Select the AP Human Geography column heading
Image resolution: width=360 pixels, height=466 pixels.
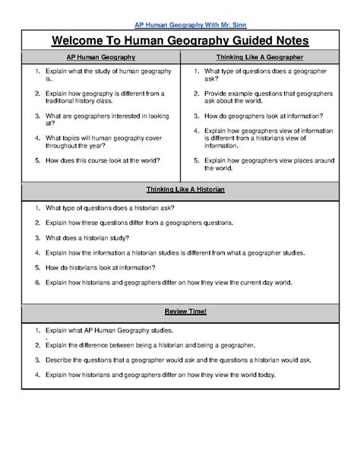pyautogui.click(x=102, y=56)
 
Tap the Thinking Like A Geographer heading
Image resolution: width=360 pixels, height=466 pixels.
pyautogui.click(x=259, y=56)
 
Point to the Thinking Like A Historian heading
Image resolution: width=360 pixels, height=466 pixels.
pyautogui.click(x=180, y=189)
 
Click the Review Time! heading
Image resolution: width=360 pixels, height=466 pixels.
pyautogui.click(x=180, y=312)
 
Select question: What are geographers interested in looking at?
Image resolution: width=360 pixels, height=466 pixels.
pyautogui.click(x=99, y=120)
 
